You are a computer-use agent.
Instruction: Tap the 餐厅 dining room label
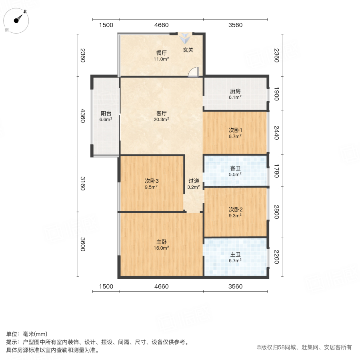162,53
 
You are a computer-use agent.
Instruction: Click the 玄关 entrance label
188,50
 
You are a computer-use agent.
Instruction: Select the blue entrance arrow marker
185,38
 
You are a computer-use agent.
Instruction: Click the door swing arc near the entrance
193,72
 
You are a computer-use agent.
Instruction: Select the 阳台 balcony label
106,113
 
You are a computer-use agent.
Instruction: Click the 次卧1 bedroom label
236,130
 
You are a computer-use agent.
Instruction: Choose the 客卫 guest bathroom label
236,168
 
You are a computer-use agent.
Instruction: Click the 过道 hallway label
194,180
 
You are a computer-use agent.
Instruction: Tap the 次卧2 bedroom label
236,209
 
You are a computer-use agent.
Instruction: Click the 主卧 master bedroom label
162,242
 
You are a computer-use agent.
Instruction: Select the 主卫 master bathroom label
236,254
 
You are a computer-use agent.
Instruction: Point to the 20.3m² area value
162,119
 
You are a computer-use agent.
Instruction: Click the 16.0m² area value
162,248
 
